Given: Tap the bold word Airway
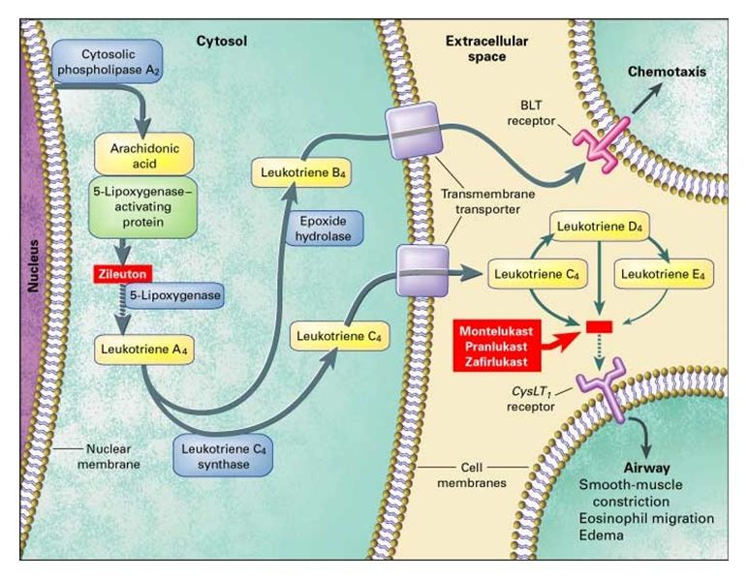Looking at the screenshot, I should pos(627,465).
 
